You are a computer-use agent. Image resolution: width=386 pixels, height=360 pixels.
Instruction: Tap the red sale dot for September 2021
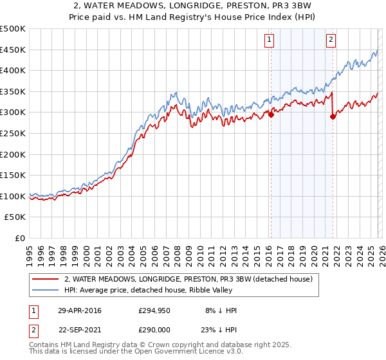tap(333, 116)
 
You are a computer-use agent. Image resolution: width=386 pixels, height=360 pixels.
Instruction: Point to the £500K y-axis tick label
tap(13, 29)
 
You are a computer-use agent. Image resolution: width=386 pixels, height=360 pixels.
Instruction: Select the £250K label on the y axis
tap(13, 134)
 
